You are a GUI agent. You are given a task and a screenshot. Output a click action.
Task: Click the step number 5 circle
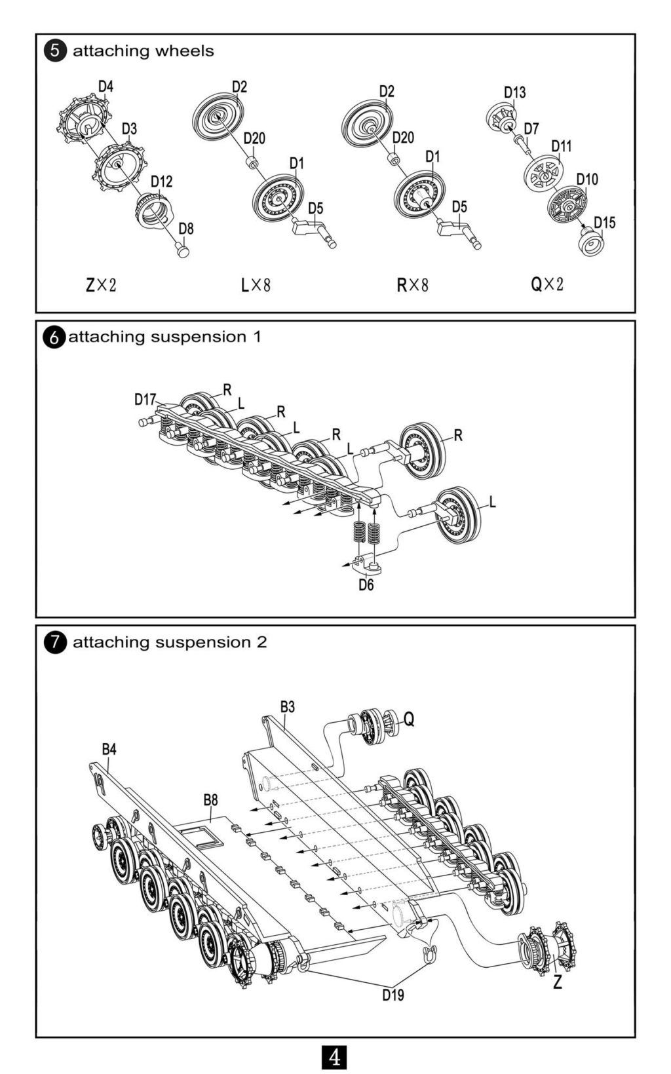pyautogui.click(x=56, y=51)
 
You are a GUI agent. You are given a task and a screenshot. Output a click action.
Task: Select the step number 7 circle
pyautogui.click(x=56, y=643)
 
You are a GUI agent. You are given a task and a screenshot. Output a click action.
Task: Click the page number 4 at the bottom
pyautogui.click(x=335, y=1056)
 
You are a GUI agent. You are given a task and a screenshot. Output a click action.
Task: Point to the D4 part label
pyautogui.click(x=105, y=86)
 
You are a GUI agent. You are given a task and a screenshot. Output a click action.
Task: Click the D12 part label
pyautogui.click(x=161, y=181)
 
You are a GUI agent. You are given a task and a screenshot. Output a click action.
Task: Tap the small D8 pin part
pyautogui.click(x=183, y=250)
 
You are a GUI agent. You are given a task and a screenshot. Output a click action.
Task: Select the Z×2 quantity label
pyautogui.click(x=101, y=285)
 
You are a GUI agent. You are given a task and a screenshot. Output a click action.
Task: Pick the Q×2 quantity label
pyautogui.click(x=547, y=284)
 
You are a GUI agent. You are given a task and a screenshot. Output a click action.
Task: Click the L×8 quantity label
pyautogui.click(x=256, y=285)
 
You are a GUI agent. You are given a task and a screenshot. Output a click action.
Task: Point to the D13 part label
pyautogui.click(x=514, y=92)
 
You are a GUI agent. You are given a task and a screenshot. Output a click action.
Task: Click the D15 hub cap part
pyautogui.click(x=592, y=243)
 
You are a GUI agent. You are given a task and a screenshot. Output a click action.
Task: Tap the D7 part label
pyautogui.click(x=531, y=128)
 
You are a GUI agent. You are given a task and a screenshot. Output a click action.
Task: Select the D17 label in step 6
pyautogui.click(x=145, y=399)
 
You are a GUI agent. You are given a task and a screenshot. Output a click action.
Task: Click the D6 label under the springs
pyautogui.click(x=366, y=585)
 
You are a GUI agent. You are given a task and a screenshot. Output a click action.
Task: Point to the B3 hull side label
pyautogui.click(x=287, y=706)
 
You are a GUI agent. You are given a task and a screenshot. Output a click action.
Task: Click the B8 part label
pyautogui.click(x=210, y=799)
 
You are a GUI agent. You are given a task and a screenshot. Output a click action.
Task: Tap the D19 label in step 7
pyautogui.click(x=393, y=995)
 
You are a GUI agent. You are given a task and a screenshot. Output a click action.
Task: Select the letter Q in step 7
pyautogui.click(x=408, y=719)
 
